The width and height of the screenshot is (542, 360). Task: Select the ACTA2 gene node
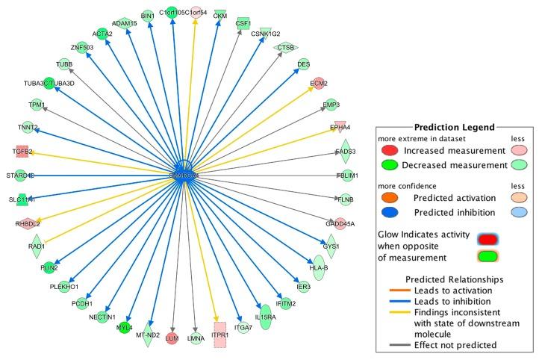coord(102,34)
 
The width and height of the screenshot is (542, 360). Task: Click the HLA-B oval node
coord(319,270)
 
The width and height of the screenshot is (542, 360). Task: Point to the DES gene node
coord(303,65)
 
